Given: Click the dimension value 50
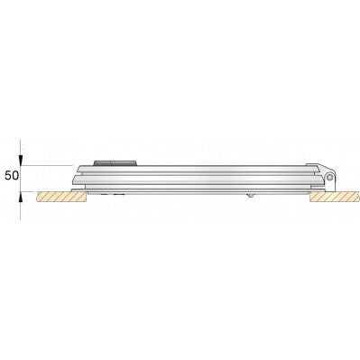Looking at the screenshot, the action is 12,175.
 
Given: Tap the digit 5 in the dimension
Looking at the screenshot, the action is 8,175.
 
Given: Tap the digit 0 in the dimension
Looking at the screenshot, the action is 15,175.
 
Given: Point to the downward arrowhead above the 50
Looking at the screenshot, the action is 20,161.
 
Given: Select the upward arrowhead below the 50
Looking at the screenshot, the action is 20,197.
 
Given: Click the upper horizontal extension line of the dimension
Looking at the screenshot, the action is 46,165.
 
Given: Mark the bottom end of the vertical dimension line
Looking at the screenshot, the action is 20,219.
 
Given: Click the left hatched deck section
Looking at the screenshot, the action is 61,197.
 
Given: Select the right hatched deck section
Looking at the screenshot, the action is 335,197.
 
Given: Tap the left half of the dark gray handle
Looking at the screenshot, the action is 103,163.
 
